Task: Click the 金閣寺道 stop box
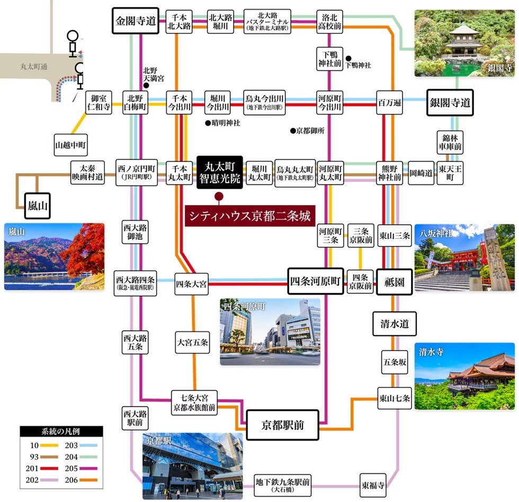tap(135, 22)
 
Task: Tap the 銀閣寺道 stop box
tap(450, 103)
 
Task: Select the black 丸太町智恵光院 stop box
tap(220, 172)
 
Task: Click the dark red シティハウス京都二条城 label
tap(249, 216)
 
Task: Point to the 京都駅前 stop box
tap(282, 425)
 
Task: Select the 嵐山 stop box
tap(37, 206)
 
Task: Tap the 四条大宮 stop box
tap(192, 285)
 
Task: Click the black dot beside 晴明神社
tap(208, 123)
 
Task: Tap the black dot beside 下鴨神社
tap(348, 58)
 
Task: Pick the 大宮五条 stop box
tap(192, 342)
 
